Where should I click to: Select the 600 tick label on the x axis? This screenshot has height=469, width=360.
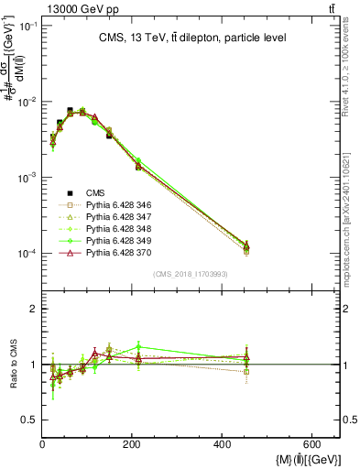[313, 446]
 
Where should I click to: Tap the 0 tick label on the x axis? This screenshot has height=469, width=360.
[43, 446]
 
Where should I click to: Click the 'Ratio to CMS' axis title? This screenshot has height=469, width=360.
[13, 365]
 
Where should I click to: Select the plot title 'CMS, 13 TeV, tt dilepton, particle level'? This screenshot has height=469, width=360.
[191, 38]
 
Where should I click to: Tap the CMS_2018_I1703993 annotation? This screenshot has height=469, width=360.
[191, 273]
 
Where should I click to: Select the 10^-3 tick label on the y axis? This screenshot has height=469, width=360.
[27, 178]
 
